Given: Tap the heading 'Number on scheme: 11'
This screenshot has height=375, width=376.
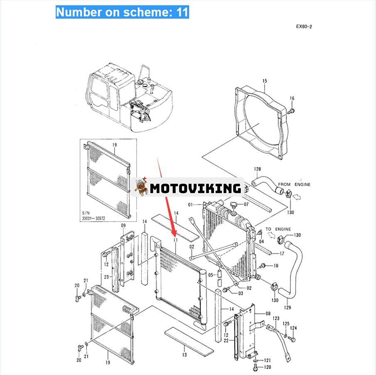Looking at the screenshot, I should point(122,12).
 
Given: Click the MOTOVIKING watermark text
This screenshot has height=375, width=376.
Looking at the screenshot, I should point(195,188).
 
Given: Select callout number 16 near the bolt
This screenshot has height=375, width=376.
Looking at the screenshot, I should point(292,99).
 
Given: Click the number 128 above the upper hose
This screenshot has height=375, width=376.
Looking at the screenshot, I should point(257,169).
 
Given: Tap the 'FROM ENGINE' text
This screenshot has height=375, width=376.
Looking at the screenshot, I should point(294,184).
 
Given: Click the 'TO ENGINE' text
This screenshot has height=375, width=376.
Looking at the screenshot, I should point(278,229).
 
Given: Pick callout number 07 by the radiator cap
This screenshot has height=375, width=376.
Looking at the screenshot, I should point(246,204).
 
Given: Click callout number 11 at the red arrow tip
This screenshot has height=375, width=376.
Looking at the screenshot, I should point(176,241).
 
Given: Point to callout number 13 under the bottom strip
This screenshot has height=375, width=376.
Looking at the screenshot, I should point(184,355).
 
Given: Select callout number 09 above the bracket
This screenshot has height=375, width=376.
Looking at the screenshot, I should point(123,226).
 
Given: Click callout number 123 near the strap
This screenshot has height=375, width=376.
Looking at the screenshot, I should point(276,318).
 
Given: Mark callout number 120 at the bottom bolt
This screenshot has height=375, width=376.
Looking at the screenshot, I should point(268,367).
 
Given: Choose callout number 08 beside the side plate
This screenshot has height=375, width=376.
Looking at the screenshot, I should point(268,313).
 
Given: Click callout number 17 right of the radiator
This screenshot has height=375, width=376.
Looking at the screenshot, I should point(282,253).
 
